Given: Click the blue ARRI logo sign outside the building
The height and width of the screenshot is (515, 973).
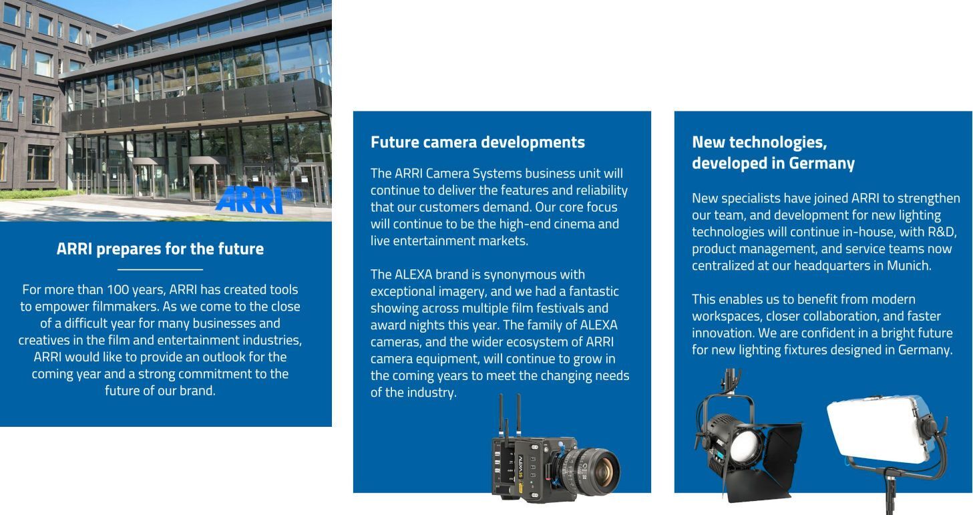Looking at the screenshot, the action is (249, 200).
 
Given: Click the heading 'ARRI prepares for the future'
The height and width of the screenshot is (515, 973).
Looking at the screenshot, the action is (160, 249).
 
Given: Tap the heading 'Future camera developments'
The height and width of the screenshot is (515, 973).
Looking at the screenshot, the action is (477, 142).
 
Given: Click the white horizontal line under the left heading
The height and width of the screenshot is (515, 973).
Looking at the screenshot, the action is (160, 269).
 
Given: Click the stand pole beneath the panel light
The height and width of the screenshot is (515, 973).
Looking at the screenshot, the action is (890, 493).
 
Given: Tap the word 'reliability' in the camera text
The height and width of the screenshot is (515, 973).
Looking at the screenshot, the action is (602, 191).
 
